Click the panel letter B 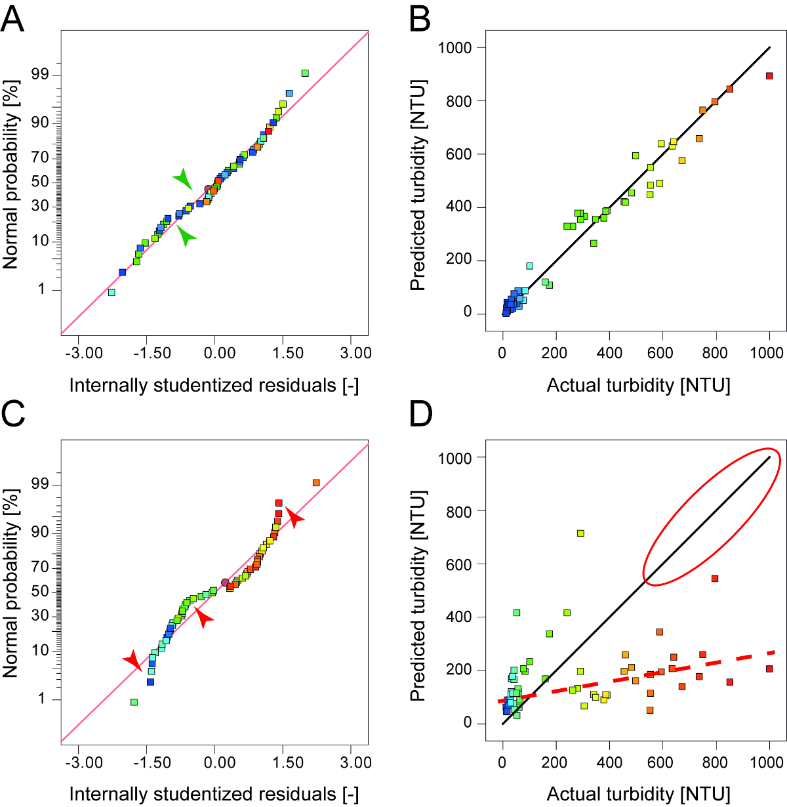coord(420,20)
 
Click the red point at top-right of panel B coord(770,76)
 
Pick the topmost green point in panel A coord(305,73)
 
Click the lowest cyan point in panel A coord(111,293)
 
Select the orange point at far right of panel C coord(316,483)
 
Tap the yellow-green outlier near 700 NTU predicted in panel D coord(580,533)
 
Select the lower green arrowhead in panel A coord(186,236)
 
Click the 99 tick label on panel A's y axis coord(40,74)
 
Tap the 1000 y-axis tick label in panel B coord(456,48)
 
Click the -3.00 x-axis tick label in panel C coord(85,762)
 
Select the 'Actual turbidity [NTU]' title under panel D coord(638,795)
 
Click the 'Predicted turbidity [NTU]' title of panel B coord(418,185)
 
